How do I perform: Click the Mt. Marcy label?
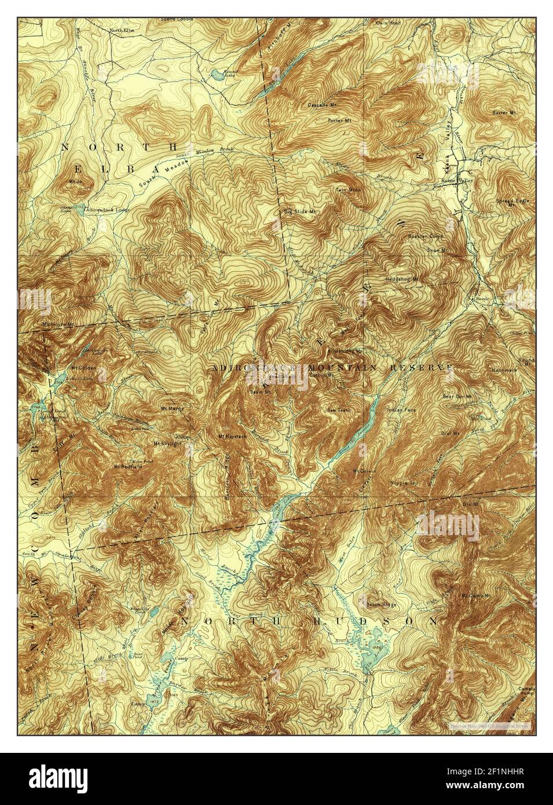(172, 408)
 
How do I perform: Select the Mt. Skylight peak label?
(164, 444)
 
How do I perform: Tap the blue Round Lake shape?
(215, 74)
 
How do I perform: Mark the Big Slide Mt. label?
(299, 211)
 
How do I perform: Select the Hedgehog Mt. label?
(402, 280)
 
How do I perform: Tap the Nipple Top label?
(405, 482)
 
